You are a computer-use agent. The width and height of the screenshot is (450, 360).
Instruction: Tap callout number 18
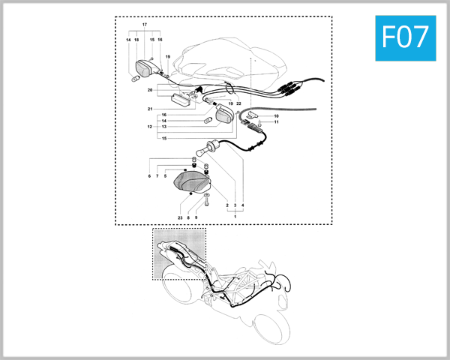(136, 40)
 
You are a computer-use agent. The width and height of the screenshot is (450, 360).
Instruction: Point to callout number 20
(150, 90)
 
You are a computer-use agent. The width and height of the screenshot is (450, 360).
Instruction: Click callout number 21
(150, 109)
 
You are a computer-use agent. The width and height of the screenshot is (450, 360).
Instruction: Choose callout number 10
(276, 116)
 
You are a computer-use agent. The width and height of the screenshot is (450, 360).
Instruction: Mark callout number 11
(276, 122)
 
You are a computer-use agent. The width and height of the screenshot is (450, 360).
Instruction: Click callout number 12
(150, 127)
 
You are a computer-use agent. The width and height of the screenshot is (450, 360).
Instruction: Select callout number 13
(164, 127)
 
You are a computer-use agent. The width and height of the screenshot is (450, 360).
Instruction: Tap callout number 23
(180, 217)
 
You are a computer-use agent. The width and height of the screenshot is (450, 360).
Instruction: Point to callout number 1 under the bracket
(235, 216)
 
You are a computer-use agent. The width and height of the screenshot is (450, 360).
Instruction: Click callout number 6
(149, 175)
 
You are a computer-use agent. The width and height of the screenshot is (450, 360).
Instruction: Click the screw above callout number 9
(196, 202)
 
